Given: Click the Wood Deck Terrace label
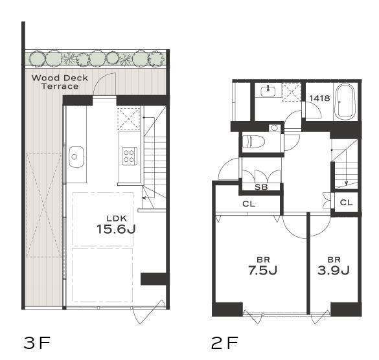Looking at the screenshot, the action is (60, 82).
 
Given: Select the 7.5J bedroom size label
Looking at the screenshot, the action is (263, 271).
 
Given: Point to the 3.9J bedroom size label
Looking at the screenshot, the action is (334, 271).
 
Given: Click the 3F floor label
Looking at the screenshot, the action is (37, 343).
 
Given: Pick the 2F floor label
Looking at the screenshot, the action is (225, 343).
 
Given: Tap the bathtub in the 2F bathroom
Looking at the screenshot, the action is (345, 102).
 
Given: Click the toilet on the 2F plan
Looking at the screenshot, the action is (253, 142).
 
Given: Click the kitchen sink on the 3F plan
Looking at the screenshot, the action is (76, 157).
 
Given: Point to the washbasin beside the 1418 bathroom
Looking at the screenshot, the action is (268, 91).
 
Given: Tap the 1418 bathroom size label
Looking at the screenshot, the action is (319, 98).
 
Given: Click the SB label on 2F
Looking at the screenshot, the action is (261, 186).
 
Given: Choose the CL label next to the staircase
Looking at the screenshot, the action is (346, 203).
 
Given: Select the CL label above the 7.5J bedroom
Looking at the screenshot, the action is (249, 204).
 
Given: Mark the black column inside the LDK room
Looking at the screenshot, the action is (154, 279).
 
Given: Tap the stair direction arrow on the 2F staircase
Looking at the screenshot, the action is (346, 174).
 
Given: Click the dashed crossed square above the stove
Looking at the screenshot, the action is (129, 119).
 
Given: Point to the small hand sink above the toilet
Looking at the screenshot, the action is (275, 128).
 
